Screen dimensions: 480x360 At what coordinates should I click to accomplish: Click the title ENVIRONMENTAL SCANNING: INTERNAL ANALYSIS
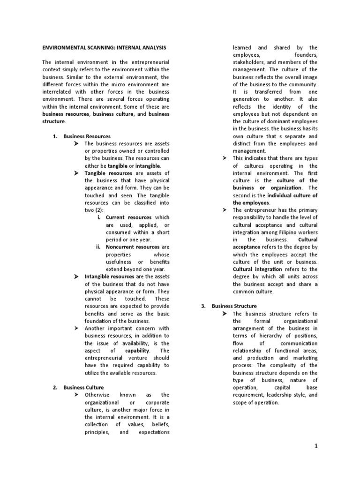pyautogui.click(x=104, y=48)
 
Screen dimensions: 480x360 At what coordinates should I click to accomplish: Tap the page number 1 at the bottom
pyautogui.click(x=316, y=446)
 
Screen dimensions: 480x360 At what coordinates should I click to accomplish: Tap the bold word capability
pyautogui.click(x=137, y=350)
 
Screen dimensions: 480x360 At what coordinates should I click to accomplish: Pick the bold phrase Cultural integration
pyautogui.click(x=257, y=270)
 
